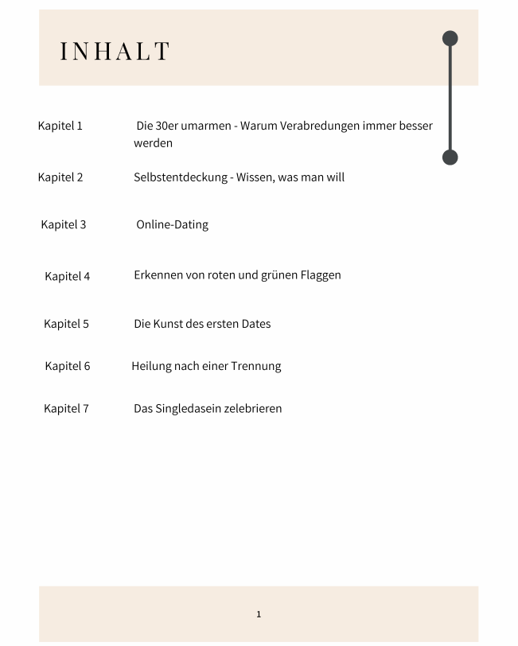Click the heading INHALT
click(x=115, y=51)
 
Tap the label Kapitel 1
click(x=60, y=126)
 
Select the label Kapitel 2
click(x=60, y=177)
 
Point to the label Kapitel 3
click(x=64, y=224)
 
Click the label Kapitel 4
click(x=68, y=276)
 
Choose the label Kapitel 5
click(x=66, y=324)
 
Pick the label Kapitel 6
click(x=68, y=366)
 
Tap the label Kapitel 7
click(x=66, y=408)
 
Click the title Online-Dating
click(x=172, y=224)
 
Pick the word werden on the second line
click(x=153, y=143)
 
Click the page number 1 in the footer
click(x=259, y=614)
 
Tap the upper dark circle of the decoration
click(x=450, y=38)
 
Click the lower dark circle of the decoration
click(x=450, y=157)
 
